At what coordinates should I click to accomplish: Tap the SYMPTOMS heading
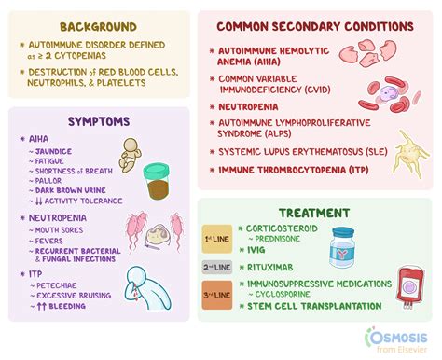(100, 121)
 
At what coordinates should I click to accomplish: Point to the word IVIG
(256, 251)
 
